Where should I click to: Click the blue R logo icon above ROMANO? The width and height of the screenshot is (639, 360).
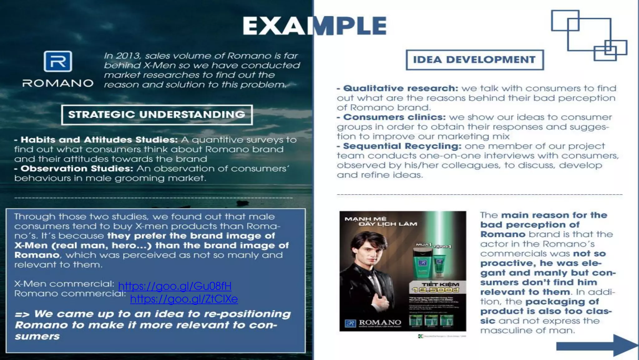[x=58, y=62]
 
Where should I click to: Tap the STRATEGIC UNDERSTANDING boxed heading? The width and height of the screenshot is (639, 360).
[x=157, y=115]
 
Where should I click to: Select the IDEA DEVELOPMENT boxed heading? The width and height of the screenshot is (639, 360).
[x=474, y=60]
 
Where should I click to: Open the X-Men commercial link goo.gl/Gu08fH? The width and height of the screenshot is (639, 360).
[x=175, y=286]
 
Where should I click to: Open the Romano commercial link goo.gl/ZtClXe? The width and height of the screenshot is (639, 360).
[x=184, y=299]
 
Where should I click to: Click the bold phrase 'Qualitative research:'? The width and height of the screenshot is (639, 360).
[x=401, y=88]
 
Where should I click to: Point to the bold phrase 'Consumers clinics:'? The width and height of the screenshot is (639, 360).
[x=394, y=117]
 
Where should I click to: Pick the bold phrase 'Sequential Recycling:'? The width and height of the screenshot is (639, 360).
[x=402, y=146]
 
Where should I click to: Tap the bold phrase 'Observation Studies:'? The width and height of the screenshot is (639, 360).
[x=77, y=169]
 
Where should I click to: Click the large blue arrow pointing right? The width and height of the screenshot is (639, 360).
[x=596, y=345]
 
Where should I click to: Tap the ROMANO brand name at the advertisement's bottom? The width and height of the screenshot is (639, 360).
[x=380, y=322]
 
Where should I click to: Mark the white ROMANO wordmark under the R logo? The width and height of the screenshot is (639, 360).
[x=58, y=83]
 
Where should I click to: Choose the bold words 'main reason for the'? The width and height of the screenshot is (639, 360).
[x=554, y=215]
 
